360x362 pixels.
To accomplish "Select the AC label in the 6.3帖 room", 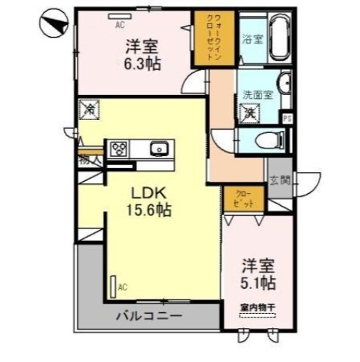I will [x=119, y=24].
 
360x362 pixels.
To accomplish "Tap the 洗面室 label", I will [x=256, y=95].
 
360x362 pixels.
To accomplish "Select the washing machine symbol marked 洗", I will [x=249, y=112].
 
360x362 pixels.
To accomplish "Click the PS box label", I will [x=285, y=117].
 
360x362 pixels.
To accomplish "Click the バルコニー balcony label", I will [x=148, y=314].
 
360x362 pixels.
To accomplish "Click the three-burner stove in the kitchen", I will [x=120, y=149].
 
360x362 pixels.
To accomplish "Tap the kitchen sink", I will [x=159, y=149].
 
